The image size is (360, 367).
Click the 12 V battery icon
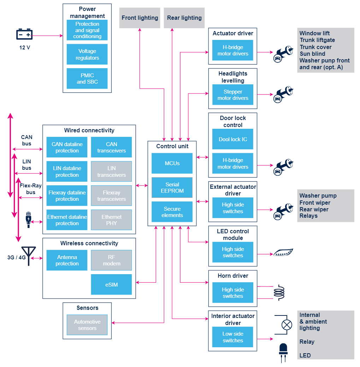(x=24, y=35)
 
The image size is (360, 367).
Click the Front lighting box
(x=140, y=18)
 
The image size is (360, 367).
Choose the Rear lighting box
(x=184, y=18)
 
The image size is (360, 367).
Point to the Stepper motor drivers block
(x=233, y=95)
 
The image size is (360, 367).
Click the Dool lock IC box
(x=233, y=139)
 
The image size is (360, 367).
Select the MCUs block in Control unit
(x=172, y=163)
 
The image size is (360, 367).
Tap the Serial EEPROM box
(x=172, y=188)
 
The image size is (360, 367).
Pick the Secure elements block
(x=172, y=212)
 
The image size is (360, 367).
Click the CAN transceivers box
(x=111, y=147)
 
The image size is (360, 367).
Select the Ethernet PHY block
(x=111, y=220)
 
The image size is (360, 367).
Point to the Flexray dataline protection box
(x=67, y=196)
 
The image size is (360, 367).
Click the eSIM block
(x=111, y=284)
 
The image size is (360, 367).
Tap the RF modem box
(x=111, y=260)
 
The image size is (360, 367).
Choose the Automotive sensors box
(x=87, y=325)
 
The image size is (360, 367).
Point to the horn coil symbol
(x=279, y=293)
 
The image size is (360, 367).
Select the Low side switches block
(x=233, y=337)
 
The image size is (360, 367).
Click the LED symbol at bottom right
(x=283, y=352)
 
